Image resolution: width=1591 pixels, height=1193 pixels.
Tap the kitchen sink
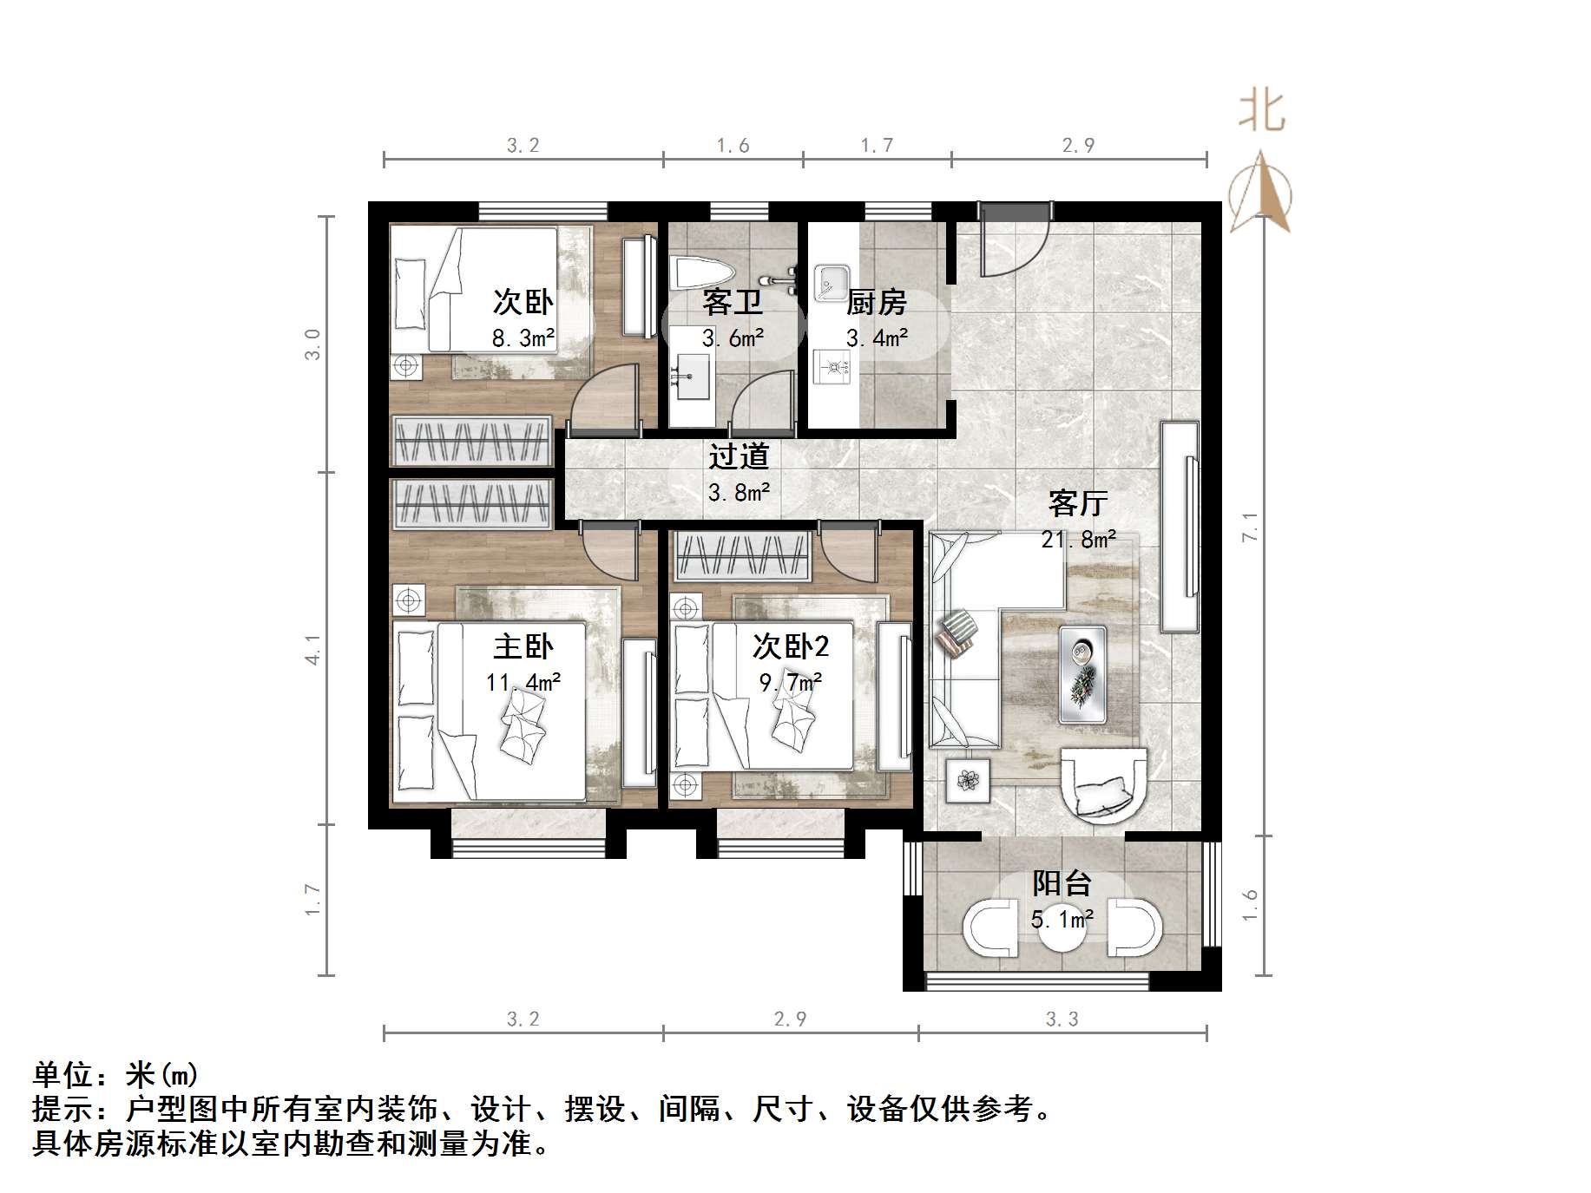[832, 281]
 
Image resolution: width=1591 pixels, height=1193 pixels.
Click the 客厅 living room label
[1078, 503]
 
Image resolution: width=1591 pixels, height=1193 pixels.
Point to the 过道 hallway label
[739, 456]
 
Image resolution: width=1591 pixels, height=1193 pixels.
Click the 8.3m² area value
[523, 338]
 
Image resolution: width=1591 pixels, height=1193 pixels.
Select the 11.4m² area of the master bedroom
[523, 683]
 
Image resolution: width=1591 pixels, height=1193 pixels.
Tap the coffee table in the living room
[1082, 674]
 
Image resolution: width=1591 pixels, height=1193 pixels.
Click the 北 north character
[1261, 113]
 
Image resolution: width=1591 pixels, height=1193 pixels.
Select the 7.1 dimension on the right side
[1250, 527]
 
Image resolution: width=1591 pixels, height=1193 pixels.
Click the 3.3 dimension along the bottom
[1062, 1019]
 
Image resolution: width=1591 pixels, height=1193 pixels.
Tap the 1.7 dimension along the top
[877, 146]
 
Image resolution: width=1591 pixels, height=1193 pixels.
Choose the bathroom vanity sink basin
[692, 377]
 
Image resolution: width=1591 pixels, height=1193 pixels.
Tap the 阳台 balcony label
[1062, 884]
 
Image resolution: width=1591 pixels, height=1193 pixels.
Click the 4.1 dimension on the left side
[313, 650]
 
